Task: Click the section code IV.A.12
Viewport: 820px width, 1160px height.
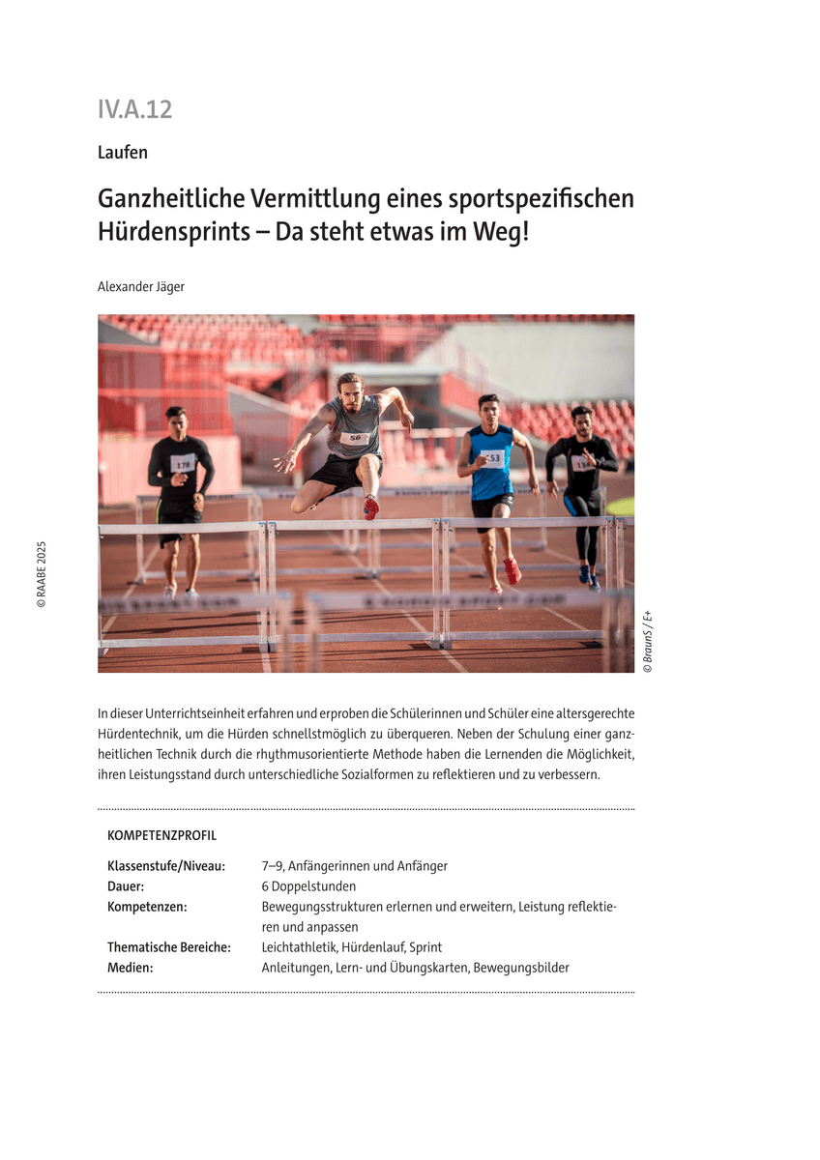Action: click(134, 109)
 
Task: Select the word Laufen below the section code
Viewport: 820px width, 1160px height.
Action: click(123, 152)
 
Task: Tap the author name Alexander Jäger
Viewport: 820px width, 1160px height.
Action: click(141, 286)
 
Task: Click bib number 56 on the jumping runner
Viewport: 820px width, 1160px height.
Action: click(354, 438)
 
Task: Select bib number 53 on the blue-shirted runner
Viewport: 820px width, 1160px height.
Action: click(493, 458)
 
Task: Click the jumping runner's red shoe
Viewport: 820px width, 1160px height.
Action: click(370, 507)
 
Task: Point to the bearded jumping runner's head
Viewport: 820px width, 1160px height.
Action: click(350, 391)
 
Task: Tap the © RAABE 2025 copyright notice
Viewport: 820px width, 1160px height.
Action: click(42, 573)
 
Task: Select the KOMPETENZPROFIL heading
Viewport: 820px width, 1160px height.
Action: click(161, 835)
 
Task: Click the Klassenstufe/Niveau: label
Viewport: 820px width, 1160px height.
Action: click(165, 866)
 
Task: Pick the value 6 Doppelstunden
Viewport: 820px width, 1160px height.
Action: click(308, 886)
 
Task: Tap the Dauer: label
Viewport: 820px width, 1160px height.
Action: click(126, 886)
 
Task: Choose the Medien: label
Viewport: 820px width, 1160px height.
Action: click(130, 968)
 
